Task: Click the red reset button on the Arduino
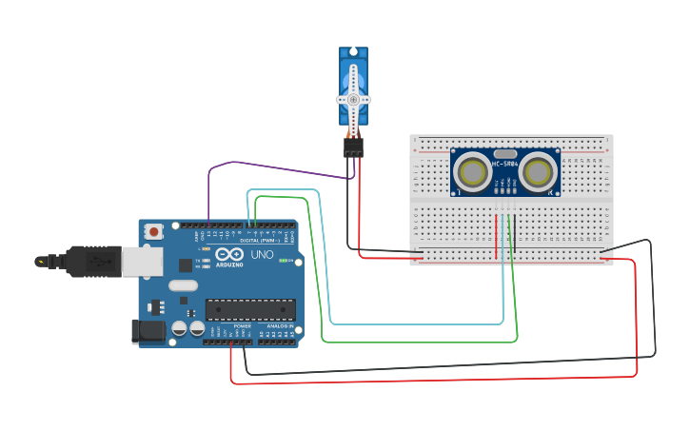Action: tap(152, 231)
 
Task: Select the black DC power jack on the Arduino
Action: tap(149, 331)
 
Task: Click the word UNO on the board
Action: tap(262, 255)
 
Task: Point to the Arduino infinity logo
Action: tap(229, 254)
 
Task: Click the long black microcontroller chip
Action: tap(250, 309)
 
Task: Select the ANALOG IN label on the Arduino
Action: tap(279, 326)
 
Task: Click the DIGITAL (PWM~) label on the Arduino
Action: tap(258, 241)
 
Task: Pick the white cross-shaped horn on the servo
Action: tap(353, 100)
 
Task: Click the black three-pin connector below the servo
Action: tap(353, 147)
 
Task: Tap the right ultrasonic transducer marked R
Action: tap(539, 172)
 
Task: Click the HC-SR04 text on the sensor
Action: tap(505, 164)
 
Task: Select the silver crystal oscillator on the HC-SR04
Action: tap(505, 153)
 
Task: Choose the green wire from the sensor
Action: tap(419, 341)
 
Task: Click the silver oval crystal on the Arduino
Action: tap(184, 284)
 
